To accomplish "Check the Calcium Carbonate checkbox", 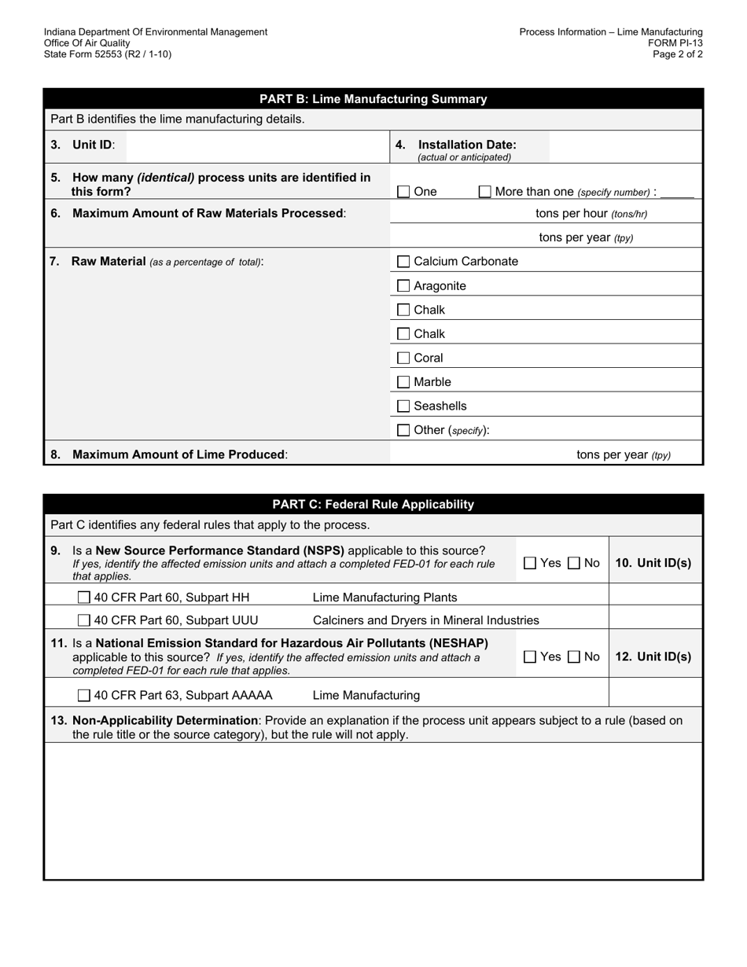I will point(403,262).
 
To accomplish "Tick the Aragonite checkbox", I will point(403,286).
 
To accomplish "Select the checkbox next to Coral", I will point(403,358).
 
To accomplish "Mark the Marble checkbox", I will point(403,383).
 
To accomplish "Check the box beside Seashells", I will point(403,406).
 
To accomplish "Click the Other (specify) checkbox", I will point(403,431).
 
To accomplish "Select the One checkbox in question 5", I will point(403,192).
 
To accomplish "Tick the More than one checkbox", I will point(485,192).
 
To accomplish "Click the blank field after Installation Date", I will point(624,147).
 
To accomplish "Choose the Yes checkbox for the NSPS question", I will point(530,563).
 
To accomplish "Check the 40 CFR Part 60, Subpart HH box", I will point(84,597).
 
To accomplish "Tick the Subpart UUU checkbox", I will point(84,620).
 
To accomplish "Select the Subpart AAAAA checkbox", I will point(84,696).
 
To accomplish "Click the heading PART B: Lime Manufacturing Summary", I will point(373,99).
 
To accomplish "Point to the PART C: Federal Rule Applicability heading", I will point(373,505).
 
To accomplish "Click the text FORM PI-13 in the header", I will point(675,43).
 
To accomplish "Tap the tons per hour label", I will point(591,214).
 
